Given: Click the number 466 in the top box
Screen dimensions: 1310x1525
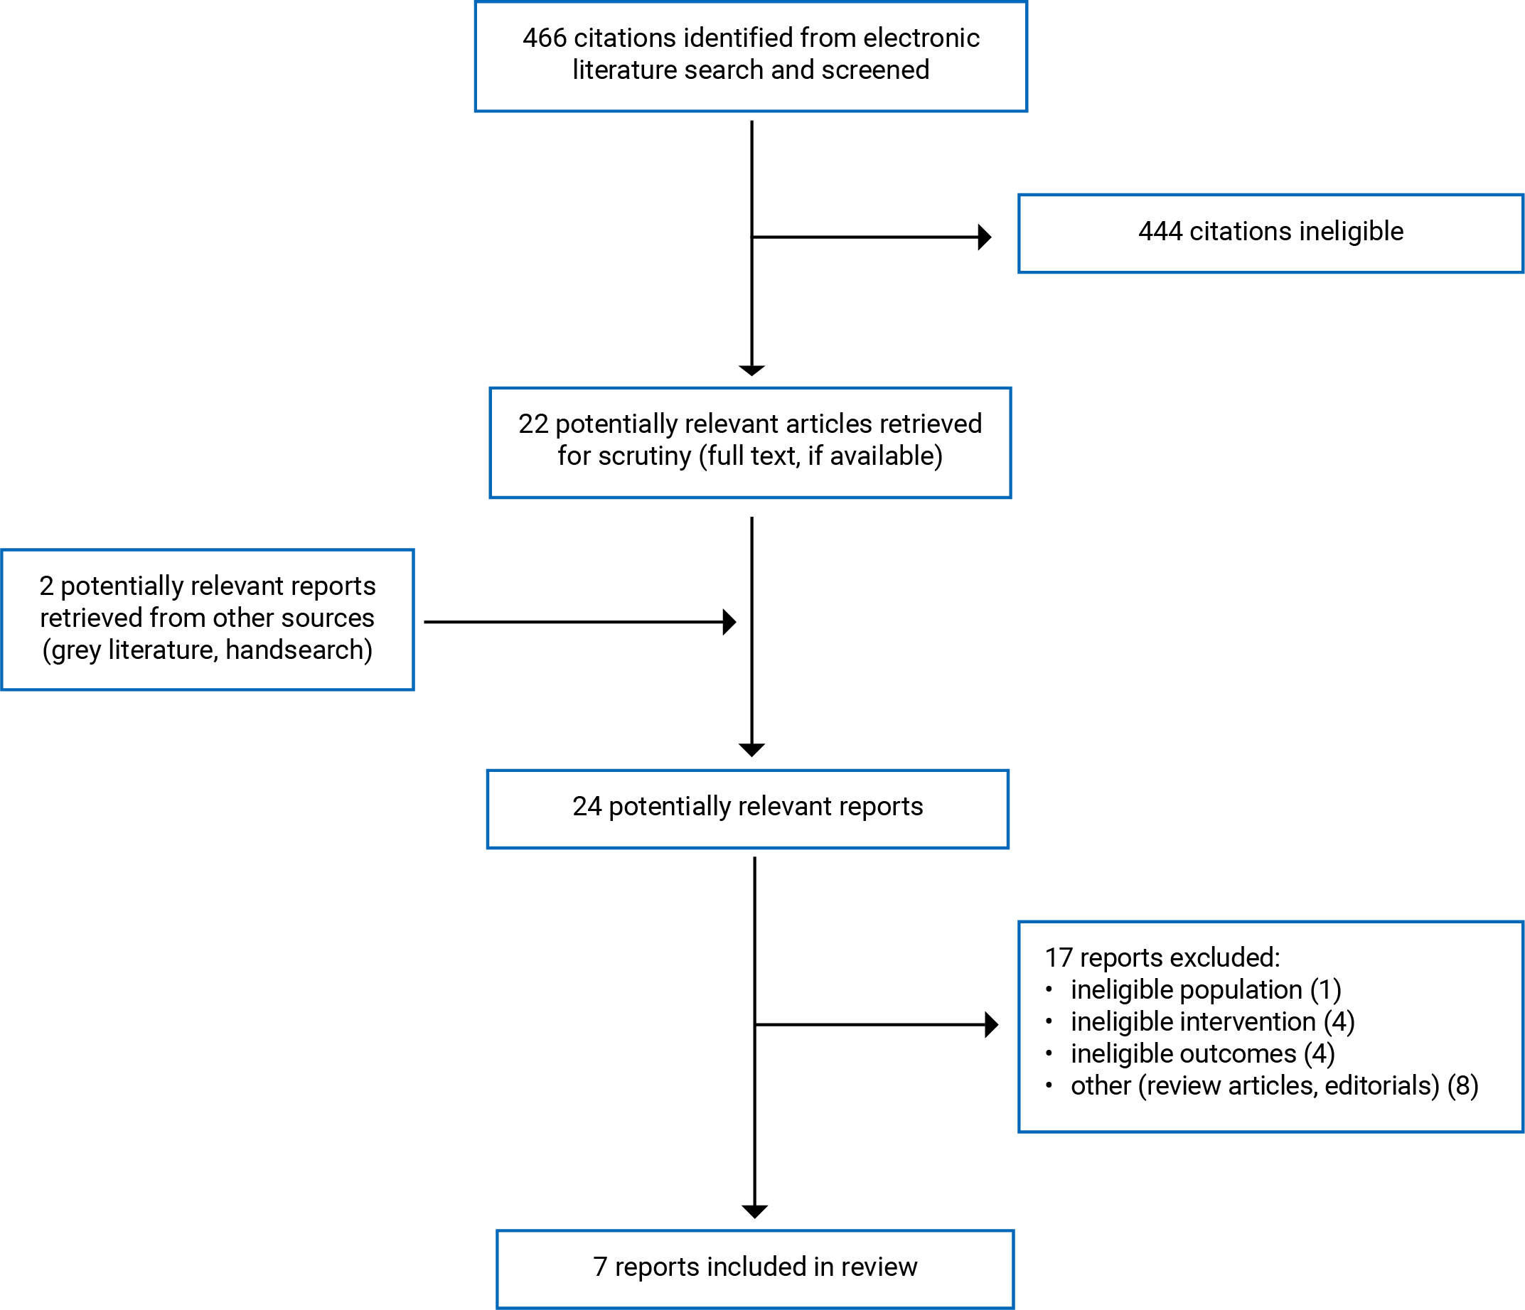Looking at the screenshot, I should pos(544,38).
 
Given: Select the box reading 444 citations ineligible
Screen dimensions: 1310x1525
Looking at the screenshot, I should pos(1270,232).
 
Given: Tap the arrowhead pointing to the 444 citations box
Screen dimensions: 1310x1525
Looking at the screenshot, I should pos(985,237).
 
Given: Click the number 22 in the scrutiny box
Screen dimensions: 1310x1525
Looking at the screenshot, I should pos(533,424).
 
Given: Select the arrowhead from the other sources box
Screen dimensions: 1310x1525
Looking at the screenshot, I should pos(729,622).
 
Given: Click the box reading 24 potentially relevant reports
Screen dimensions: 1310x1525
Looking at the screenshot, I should pos(747,809).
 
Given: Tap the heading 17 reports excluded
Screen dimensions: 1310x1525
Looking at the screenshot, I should pos(1162,957).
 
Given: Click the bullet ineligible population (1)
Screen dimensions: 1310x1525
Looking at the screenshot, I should pos(1206,990).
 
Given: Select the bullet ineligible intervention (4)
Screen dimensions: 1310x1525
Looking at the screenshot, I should pos(1212,1021).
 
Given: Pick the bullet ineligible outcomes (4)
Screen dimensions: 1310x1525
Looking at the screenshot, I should pos(1203,1054).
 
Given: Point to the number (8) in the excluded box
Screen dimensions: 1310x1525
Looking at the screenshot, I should pos(1462,1085).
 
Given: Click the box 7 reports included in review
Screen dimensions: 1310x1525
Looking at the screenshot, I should pos(754,1267).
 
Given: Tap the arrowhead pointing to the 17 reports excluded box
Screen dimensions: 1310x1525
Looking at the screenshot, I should pos(991,1024).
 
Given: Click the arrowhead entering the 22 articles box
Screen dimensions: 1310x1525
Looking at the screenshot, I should pos(751,370).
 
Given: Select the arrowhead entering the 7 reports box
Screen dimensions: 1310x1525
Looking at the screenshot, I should pos(754,1211).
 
